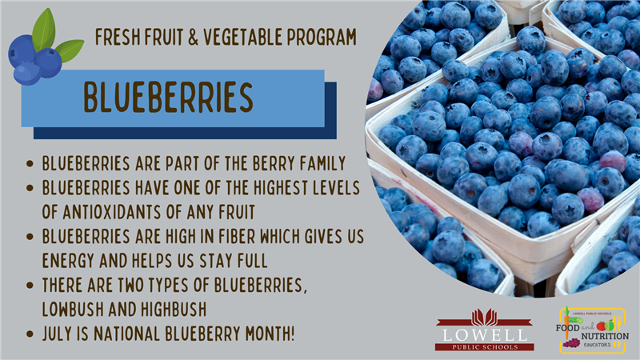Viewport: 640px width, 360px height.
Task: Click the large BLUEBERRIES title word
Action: [168, 97]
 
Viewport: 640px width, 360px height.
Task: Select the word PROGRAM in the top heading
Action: [322, 37]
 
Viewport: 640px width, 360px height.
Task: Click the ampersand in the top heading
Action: [193, 37]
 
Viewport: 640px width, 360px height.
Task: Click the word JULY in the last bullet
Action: [57, 334]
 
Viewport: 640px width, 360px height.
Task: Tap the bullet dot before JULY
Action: [30, 334]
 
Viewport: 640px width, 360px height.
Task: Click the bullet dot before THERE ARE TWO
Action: [30, 285]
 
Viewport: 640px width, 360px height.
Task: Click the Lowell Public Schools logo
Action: [485, 330]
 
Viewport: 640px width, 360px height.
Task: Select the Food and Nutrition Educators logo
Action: [592, 330]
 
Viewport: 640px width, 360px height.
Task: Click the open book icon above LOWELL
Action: [485, 317]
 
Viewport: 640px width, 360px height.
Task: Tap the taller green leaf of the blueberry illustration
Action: [44, 30]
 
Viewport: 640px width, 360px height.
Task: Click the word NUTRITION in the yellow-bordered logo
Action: [605, 336]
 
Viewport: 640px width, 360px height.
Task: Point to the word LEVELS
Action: [336, 188]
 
